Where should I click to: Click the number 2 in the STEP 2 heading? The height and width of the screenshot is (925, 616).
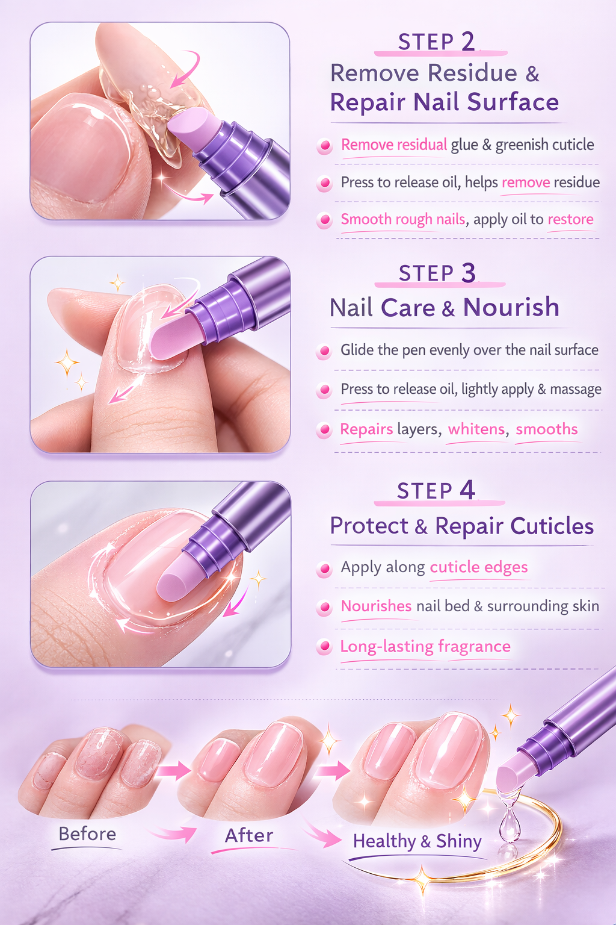pos(468,42)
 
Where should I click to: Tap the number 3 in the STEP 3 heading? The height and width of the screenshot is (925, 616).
pos(469,273)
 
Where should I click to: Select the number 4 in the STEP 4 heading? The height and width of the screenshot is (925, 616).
pos(467,490)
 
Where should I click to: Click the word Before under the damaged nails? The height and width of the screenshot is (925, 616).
pos(87,834)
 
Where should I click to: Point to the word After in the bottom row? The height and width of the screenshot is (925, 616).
pos(248,836)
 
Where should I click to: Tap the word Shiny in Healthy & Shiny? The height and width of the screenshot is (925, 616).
pos(459,841)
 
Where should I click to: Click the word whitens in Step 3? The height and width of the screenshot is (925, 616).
pos(476,429)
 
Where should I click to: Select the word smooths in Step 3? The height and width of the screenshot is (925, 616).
pos(546,429)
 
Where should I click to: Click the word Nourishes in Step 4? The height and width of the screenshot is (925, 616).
pos(376,606)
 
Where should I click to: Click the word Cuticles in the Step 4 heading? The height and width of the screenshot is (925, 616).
pos(552,526)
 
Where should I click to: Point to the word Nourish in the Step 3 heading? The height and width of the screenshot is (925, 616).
pos(511,308)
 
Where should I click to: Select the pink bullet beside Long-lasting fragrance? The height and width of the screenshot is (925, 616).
pos(325,647)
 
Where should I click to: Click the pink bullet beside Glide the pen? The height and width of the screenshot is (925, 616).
pos(325,350)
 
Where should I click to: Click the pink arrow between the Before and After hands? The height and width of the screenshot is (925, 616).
pos(173,770)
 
